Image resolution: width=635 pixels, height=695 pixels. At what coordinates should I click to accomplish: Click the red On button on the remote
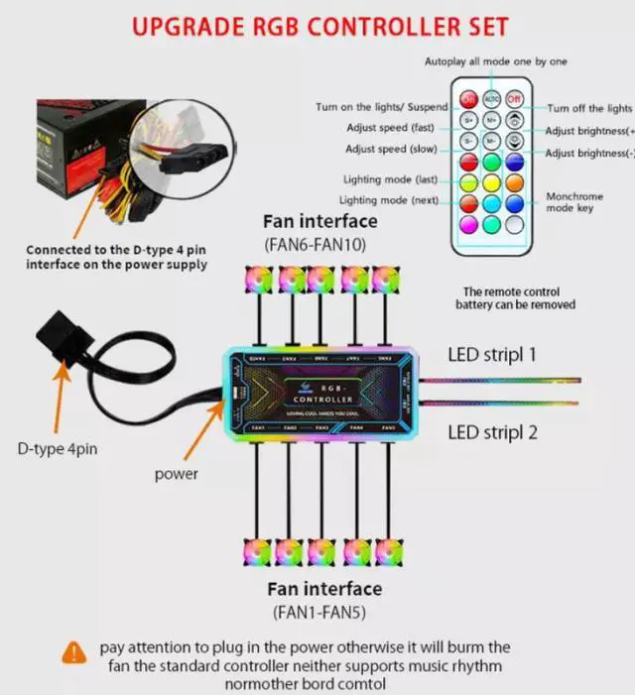(469, 100)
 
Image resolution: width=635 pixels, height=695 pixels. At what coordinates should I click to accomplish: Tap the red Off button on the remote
(514, 100)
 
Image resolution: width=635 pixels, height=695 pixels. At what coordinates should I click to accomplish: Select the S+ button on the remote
(469, 121)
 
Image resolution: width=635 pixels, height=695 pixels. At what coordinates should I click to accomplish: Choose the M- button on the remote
(492, 142)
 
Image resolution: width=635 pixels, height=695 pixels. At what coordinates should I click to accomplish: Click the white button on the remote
(514, 224)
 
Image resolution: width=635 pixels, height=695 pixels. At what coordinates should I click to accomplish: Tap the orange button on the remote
(514, 182)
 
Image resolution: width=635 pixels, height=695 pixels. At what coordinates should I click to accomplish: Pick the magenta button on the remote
(469, 224)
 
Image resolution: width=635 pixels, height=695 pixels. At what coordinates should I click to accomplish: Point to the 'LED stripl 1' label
(492, 353)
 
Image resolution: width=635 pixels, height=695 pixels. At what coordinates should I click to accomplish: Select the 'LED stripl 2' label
(492, 431)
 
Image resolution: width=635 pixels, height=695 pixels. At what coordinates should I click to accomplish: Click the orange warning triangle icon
(74, 652)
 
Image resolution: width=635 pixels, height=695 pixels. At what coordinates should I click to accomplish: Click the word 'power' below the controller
(176, 474)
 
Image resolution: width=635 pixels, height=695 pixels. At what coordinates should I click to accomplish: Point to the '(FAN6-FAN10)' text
(318, 244)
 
